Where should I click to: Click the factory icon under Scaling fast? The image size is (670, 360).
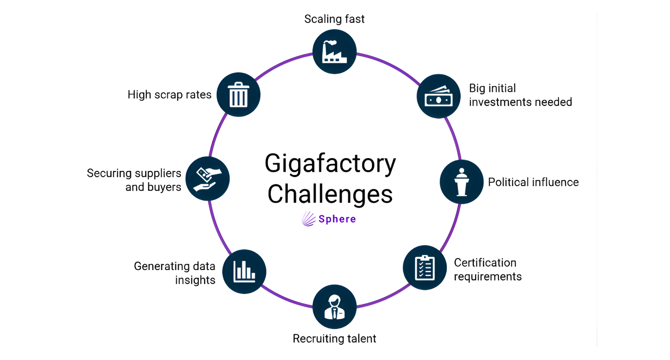point(334,52)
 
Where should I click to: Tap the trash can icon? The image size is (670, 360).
point(239,95)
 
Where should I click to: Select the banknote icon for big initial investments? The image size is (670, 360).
point(439,96)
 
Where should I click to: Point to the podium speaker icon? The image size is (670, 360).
point(461,182)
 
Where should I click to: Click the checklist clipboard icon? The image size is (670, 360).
point(425,268)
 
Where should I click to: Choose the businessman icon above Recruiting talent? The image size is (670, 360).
point(334,307)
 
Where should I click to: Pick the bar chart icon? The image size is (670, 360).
point(244,271)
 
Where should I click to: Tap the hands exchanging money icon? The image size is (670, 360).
point(207,179)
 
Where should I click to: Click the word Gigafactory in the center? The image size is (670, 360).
point(330,163)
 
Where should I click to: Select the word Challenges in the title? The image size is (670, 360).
point(330,194)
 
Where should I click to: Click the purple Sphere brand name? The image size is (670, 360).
point(337,219)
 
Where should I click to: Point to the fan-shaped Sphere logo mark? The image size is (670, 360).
point(308,219)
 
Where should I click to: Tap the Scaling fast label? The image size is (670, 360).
point(334,19)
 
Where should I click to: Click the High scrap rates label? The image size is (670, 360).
point(170,95)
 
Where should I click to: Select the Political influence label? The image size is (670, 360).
point(533,182)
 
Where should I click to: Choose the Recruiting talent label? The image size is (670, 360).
point(334,339)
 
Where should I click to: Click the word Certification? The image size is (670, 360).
point(485,262)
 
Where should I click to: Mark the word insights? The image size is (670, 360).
point(195,280)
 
